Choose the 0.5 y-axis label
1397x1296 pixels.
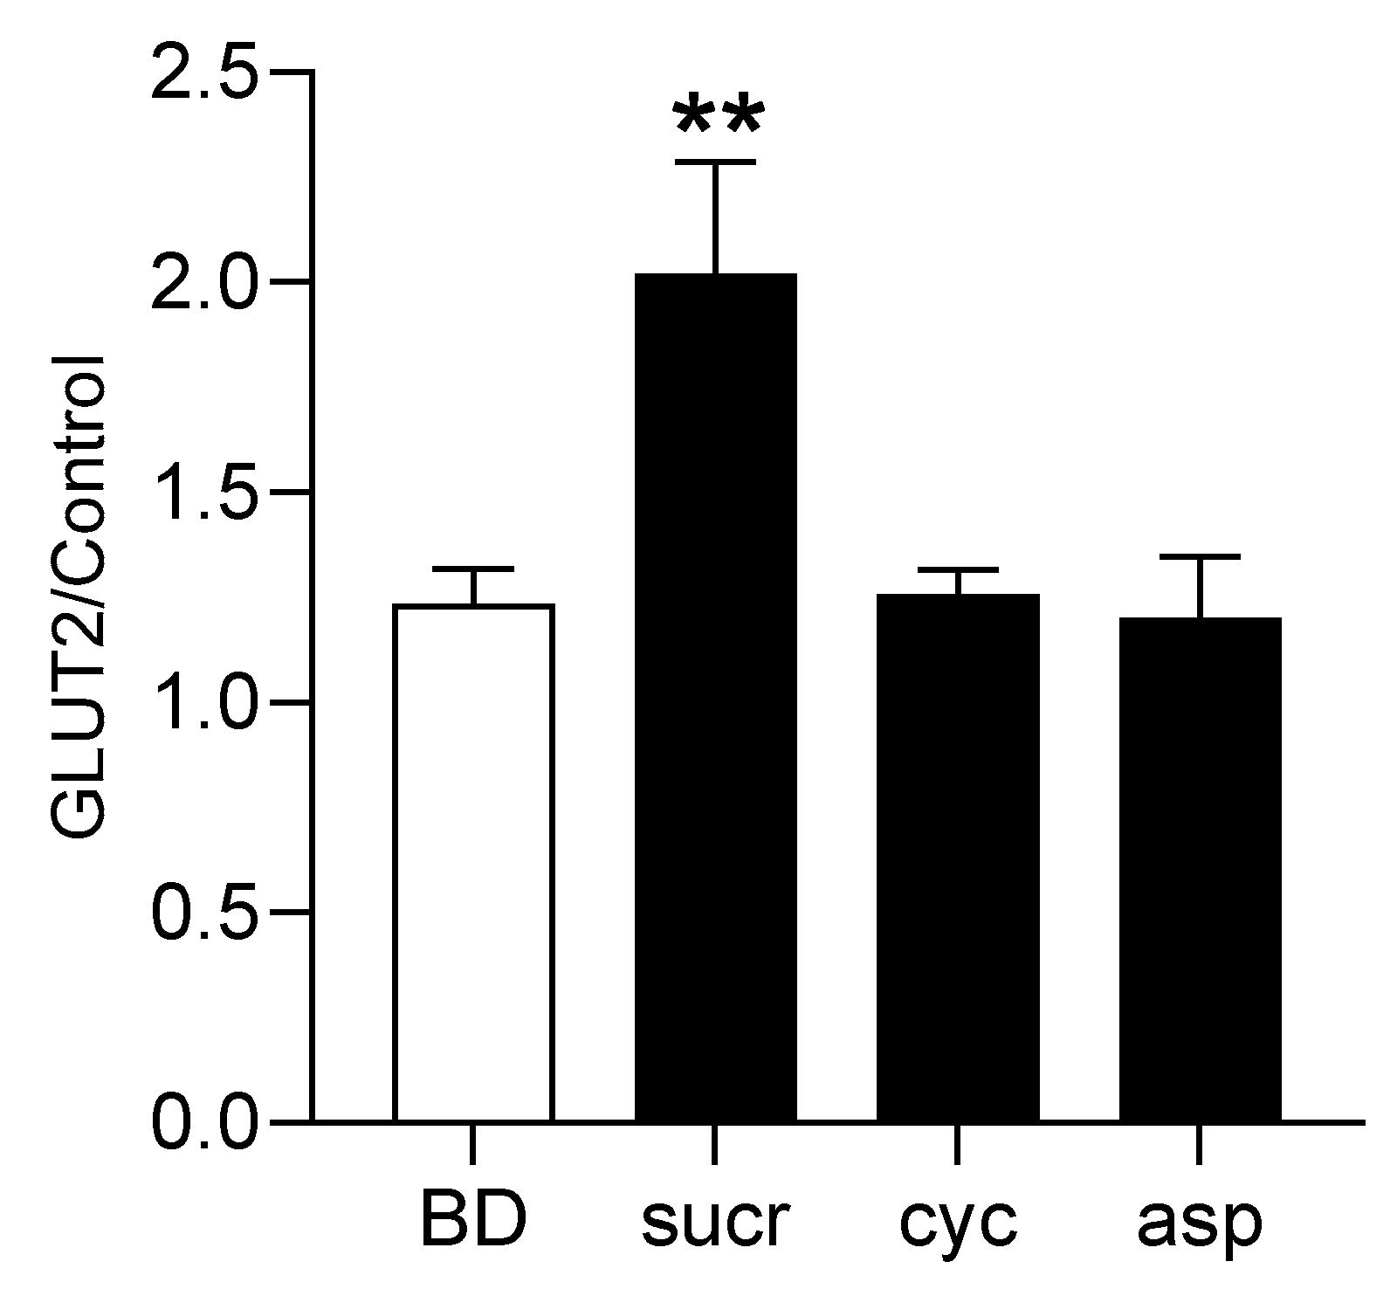tap(205, 912)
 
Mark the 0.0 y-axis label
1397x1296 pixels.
tap(205, 1121)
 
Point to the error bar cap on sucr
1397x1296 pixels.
tap(715, 162)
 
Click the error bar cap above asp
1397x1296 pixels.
tap(1200, 556)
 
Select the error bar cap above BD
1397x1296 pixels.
tap(473, 569)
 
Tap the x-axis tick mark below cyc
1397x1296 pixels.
tap(958, 1144)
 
